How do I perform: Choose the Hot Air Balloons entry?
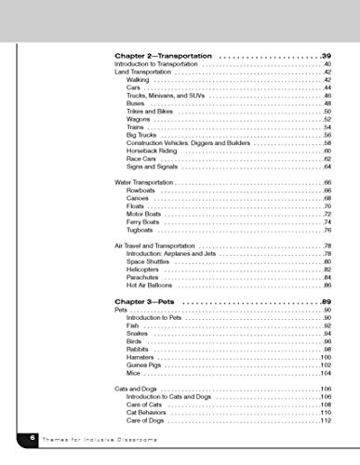tap(152, 286)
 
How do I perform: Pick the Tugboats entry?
tap(143, 230)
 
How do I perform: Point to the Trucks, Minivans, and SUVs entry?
tap(164, 96)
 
